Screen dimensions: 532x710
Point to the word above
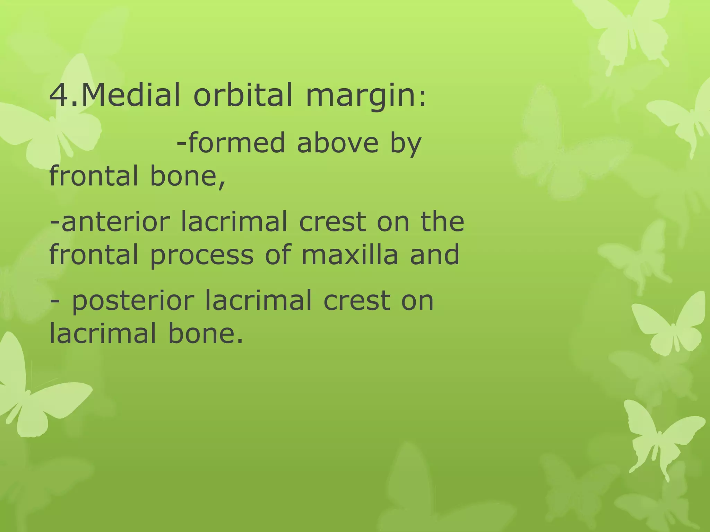(x=338, y=143)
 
